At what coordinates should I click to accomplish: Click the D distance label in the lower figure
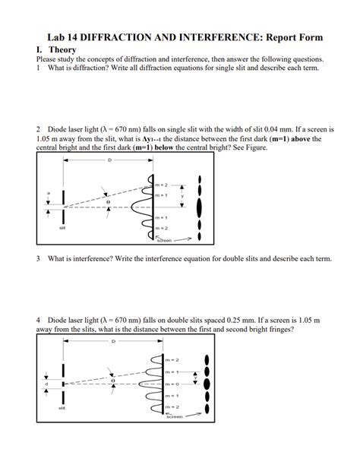pos(114,342)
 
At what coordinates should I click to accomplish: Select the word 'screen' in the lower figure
pos(174,417)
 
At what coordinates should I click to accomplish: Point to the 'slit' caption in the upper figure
pos(62,227)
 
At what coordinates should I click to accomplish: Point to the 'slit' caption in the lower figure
pos(62,408)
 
